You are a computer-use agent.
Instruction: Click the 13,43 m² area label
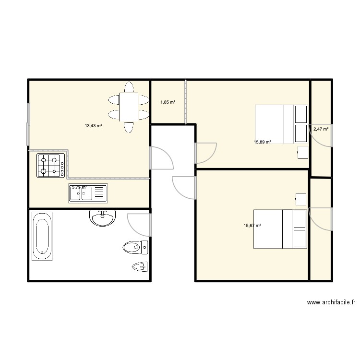pyautogui.click(x=94, y=126)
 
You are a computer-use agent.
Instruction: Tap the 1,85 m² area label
pyautogui.click(x=168, y=102)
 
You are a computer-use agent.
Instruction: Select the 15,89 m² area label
pyautogui.click(x=263, y=142)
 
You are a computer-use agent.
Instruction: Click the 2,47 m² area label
pyautogui.click(x=321, y=129)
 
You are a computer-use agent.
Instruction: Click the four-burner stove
pyautogui.click(x=50, y=165)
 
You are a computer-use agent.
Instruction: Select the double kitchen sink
pyautogui.click(x=88, y=193)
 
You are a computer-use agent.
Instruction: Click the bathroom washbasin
pyautogui.click(x=102, y=218)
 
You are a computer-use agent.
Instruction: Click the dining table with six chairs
pyautogui.click(x=128, y=107)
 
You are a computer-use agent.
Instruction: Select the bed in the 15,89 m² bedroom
pyautogui.click(x=281, y=124)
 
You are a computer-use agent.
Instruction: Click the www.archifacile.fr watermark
pyautogui.click(x=330, y=303)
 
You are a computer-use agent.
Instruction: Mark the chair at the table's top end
pyautogui.click(x=128, y=87)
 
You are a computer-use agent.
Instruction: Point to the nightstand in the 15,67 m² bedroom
pyautogui.click(x=301, y=199)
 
